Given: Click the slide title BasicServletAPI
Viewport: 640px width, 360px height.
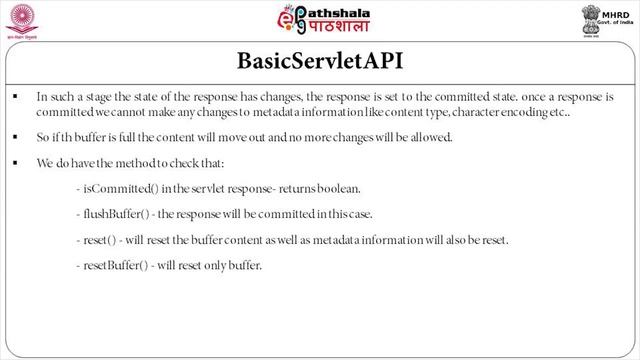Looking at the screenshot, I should [x=320, y=61].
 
